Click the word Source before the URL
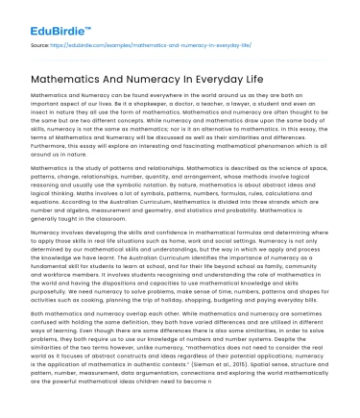coord(39,44)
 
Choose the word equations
coord(45,203)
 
